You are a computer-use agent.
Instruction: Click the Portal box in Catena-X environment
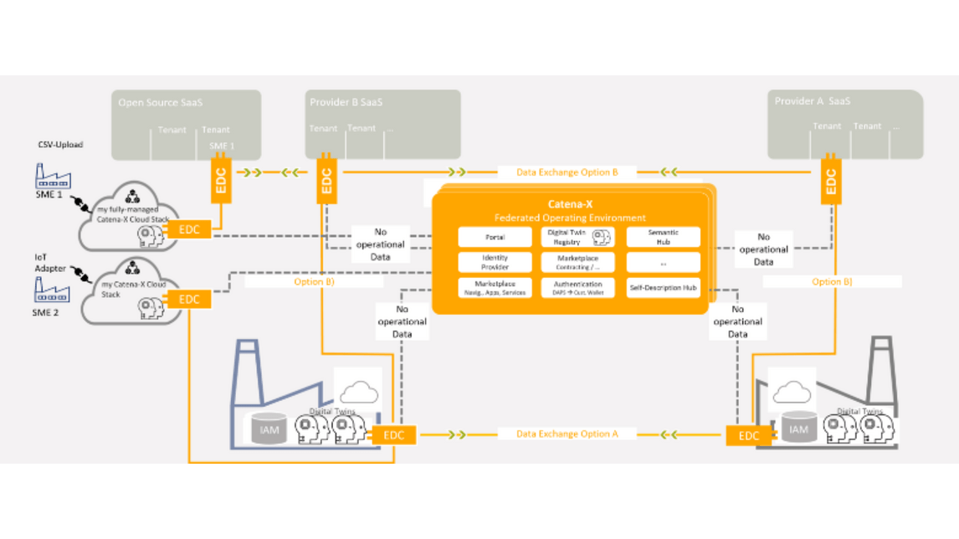click(x=495, y=237)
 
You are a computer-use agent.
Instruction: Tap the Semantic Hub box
click(x=664, y=237)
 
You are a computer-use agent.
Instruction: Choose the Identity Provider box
click(x=495, y=262)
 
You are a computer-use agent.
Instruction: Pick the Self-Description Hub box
click(x=664, y=288)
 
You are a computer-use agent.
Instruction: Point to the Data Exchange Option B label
click(x=567, y=172)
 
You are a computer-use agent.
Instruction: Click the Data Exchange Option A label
click(x=567, y=434)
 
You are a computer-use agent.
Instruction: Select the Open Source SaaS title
click(x=161, y=103)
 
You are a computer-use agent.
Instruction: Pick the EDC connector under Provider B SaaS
click(x=326, y=179)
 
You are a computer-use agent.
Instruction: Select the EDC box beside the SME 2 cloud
click(x=190, y=299)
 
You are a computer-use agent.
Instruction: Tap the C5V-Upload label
click(x=59, y=145)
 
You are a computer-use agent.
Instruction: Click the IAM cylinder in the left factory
click(x=269, y=429)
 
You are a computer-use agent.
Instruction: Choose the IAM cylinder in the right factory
click(x=799, y=429)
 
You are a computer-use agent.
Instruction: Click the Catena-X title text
click(x=571, y=203)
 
